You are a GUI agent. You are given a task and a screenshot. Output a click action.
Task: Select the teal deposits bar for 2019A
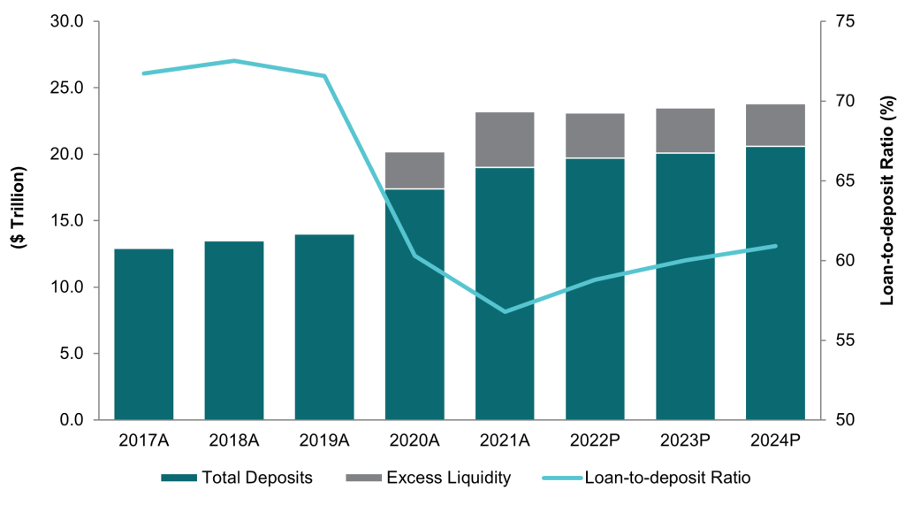(324, 327)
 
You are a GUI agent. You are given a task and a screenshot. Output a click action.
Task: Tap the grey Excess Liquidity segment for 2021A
(505, 140)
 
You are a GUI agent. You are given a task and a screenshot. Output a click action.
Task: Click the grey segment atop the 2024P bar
(775, 125)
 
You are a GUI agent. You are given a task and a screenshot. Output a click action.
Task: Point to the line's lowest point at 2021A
(505, 311)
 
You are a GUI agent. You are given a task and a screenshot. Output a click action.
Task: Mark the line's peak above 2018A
(234, 61)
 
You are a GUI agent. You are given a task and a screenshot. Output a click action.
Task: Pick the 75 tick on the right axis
(835, 21)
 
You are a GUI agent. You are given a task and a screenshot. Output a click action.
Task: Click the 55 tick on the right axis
(835, 340)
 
